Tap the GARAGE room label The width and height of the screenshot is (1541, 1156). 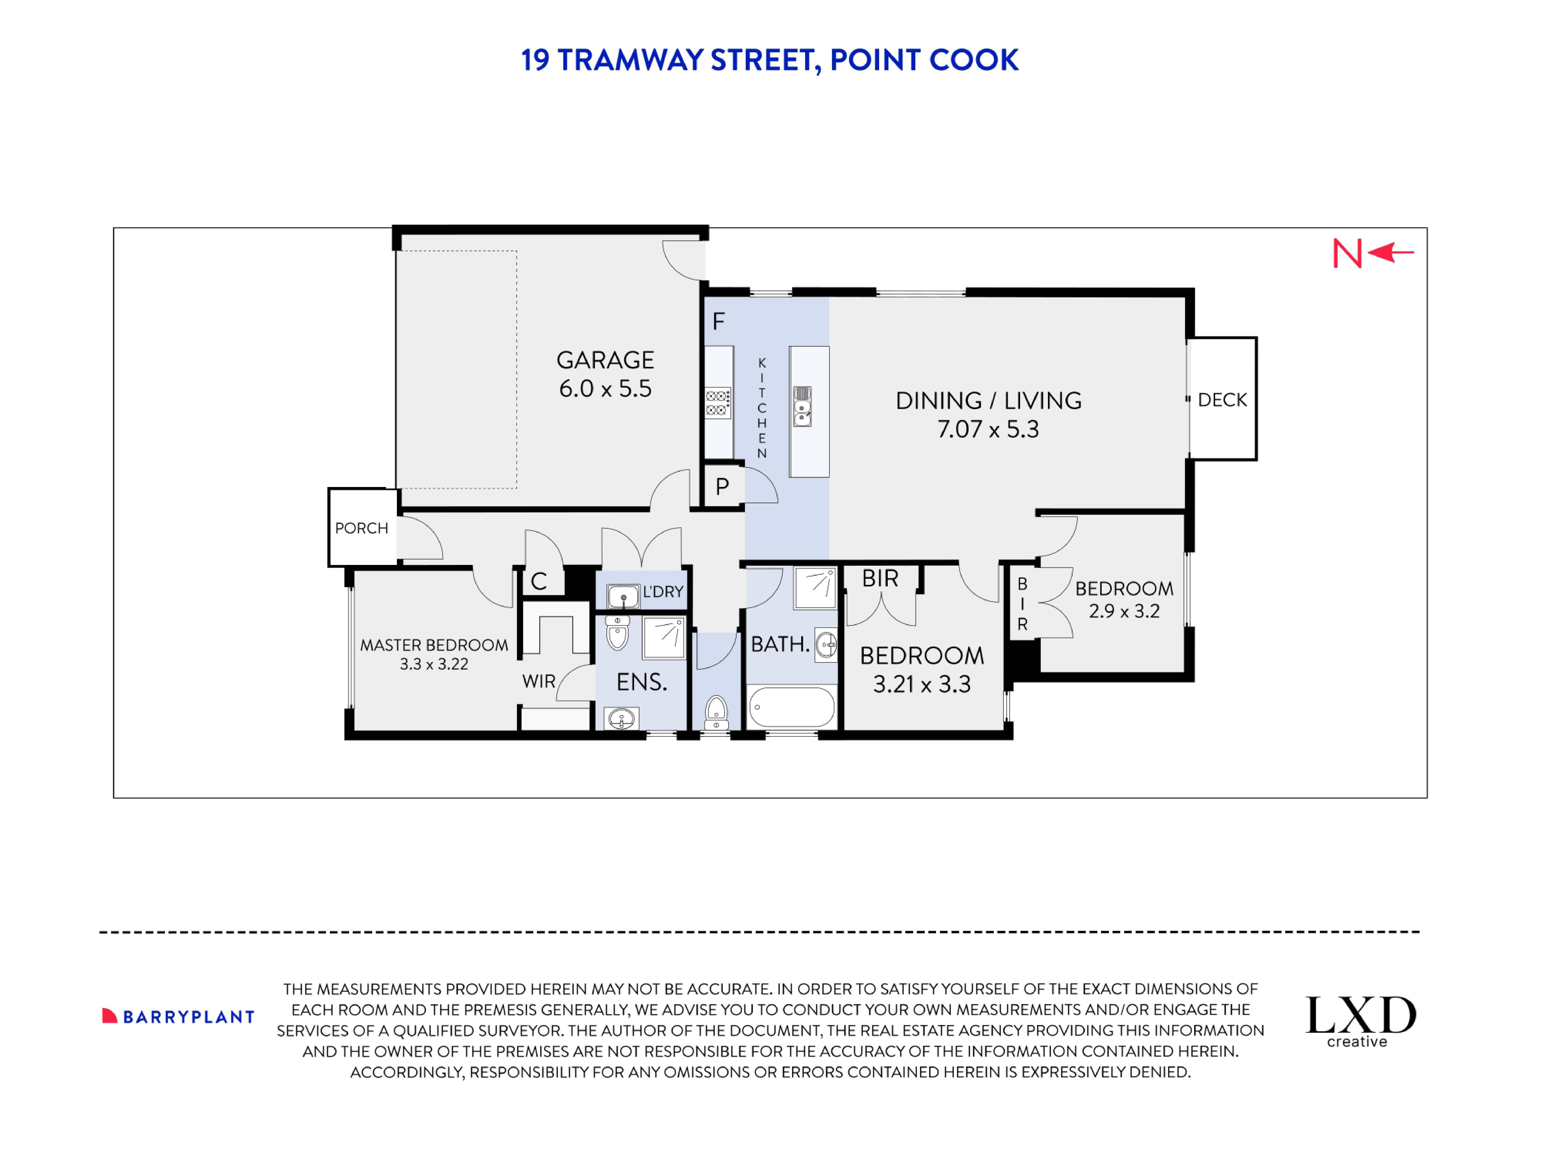tap(605, 360)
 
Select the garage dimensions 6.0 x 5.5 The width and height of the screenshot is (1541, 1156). tap(605, 389)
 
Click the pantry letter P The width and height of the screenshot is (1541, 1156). tap(722, 486)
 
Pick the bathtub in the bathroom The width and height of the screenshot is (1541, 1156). tap(791, 706)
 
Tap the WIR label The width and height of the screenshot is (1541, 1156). tap(538, 682)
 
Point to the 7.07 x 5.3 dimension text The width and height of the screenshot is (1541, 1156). tap(988, 429)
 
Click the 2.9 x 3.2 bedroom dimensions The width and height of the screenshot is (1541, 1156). tap(1124, 611)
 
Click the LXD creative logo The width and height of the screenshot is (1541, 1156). tap(1360, 1021)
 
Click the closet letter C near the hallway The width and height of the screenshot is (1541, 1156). tap(538, 581)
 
